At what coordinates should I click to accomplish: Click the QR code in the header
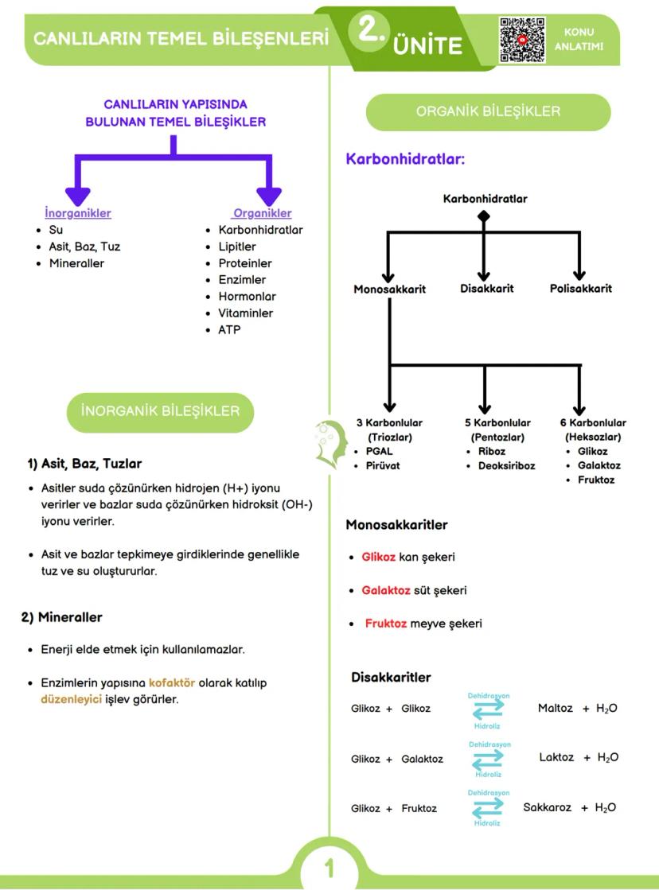pyautogui.click(x=522, y=40)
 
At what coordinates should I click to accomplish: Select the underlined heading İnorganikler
pyautogui.click(x=78, y=213)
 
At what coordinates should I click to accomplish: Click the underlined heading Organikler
pyautogui.click(x=262, y=213)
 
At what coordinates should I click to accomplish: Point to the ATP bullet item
pyautogui.click(x=229, y=329)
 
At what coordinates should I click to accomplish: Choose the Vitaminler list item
pyautogui.click(x=245, y=313)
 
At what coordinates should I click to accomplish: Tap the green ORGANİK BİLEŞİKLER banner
pyautogui.click(x=488, y=111)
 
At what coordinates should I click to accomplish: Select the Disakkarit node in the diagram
pyautogui.click(x=486, y=288)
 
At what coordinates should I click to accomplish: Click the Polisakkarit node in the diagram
pyautogui.click(x=581, y=288)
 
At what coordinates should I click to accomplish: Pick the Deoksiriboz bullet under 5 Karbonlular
pyautogui.click(x=506, y=465)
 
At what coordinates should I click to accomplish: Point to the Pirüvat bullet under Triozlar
pyautogui.click(x=384, y=465)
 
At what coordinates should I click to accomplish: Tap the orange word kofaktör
pyautogui.click(x=172, y=682)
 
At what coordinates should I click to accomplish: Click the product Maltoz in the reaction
pyautogui.click(x=555, y=708)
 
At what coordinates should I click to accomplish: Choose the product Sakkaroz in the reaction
pyautogui.click(x=547, y=807)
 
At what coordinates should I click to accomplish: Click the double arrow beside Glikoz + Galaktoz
pyautogui.click(x=488, y=759)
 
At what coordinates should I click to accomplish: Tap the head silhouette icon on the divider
pyautogui.click(x=329, y=443)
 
